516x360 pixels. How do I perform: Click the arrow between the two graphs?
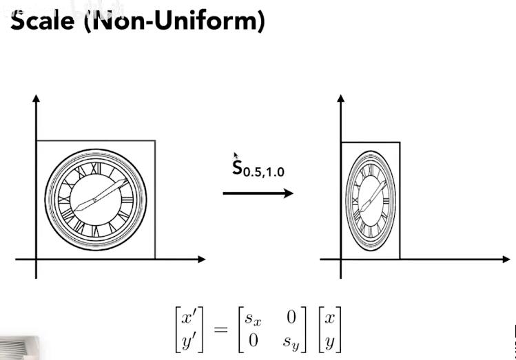[x=258, y=193]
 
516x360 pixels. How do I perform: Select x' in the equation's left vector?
[x=188, y=319]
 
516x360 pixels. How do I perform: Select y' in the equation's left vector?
[x=188, y=339]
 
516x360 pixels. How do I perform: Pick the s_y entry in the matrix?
[x=289, y=339]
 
